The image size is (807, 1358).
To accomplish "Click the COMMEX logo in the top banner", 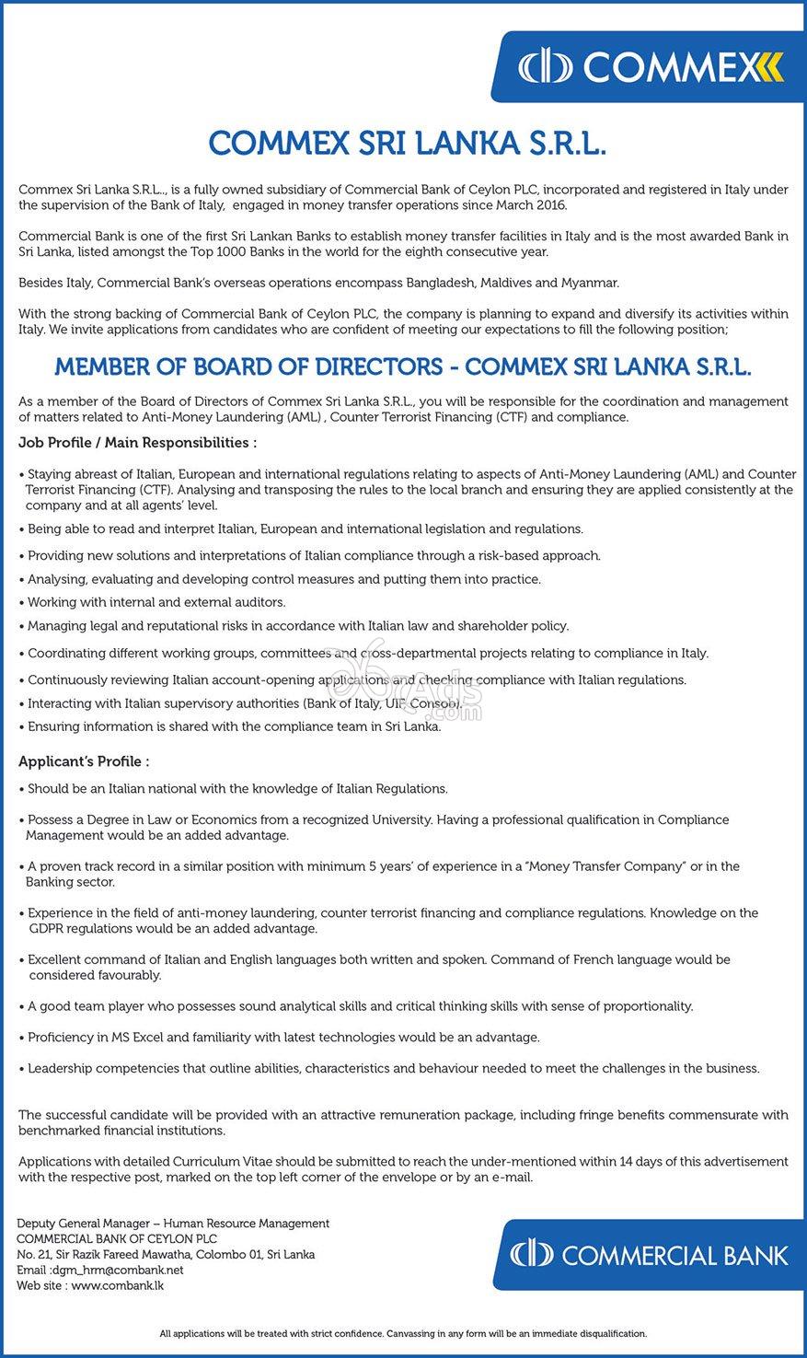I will [650, 67].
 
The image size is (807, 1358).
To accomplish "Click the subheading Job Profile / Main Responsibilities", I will [137, 443].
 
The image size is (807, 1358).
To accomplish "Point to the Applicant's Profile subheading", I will [84, 761].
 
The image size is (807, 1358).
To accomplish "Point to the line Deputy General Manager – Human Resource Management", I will [174, 1224].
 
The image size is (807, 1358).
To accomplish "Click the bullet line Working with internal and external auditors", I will [156, 602].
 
